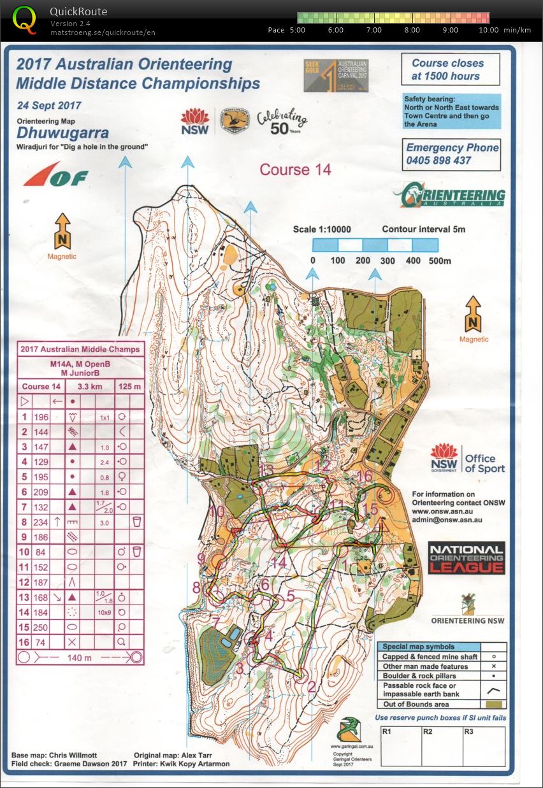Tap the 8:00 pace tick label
[412, 30]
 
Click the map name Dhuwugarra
[62, 134]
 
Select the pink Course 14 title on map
[295, 169]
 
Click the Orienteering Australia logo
[449, 196]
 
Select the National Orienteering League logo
[466, 559]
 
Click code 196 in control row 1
[41, 417]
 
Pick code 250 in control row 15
[41, 627]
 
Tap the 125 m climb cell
[129, 386]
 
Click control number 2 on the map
[312, 687]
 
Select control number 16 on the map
[365, 476]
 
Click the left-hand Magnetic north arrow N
[62, 233]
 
